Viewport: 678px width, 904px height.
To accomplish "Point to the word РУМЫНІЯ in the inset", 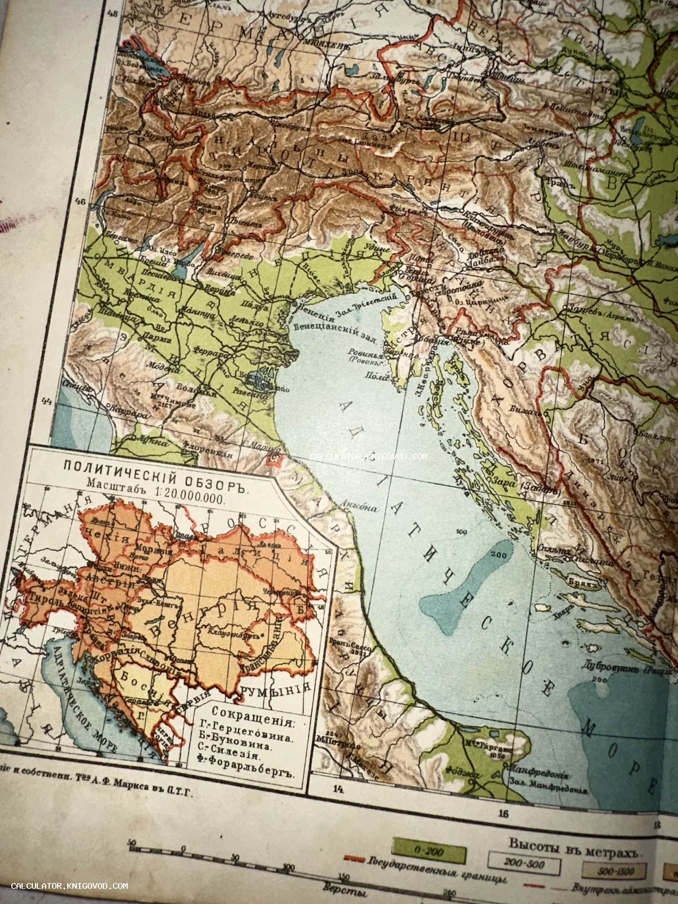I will [275, 690].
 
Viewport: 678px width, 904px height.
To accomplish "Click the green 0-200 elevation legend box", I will [429, 851].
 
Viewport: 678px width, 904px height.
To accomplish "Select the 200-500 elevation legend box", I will [524, 863].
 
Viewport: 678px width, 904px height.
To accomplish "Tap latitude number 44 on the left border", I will [46, 402].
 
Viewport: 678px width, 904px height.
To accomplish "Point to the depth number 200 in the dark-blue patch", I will [498, 554].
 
